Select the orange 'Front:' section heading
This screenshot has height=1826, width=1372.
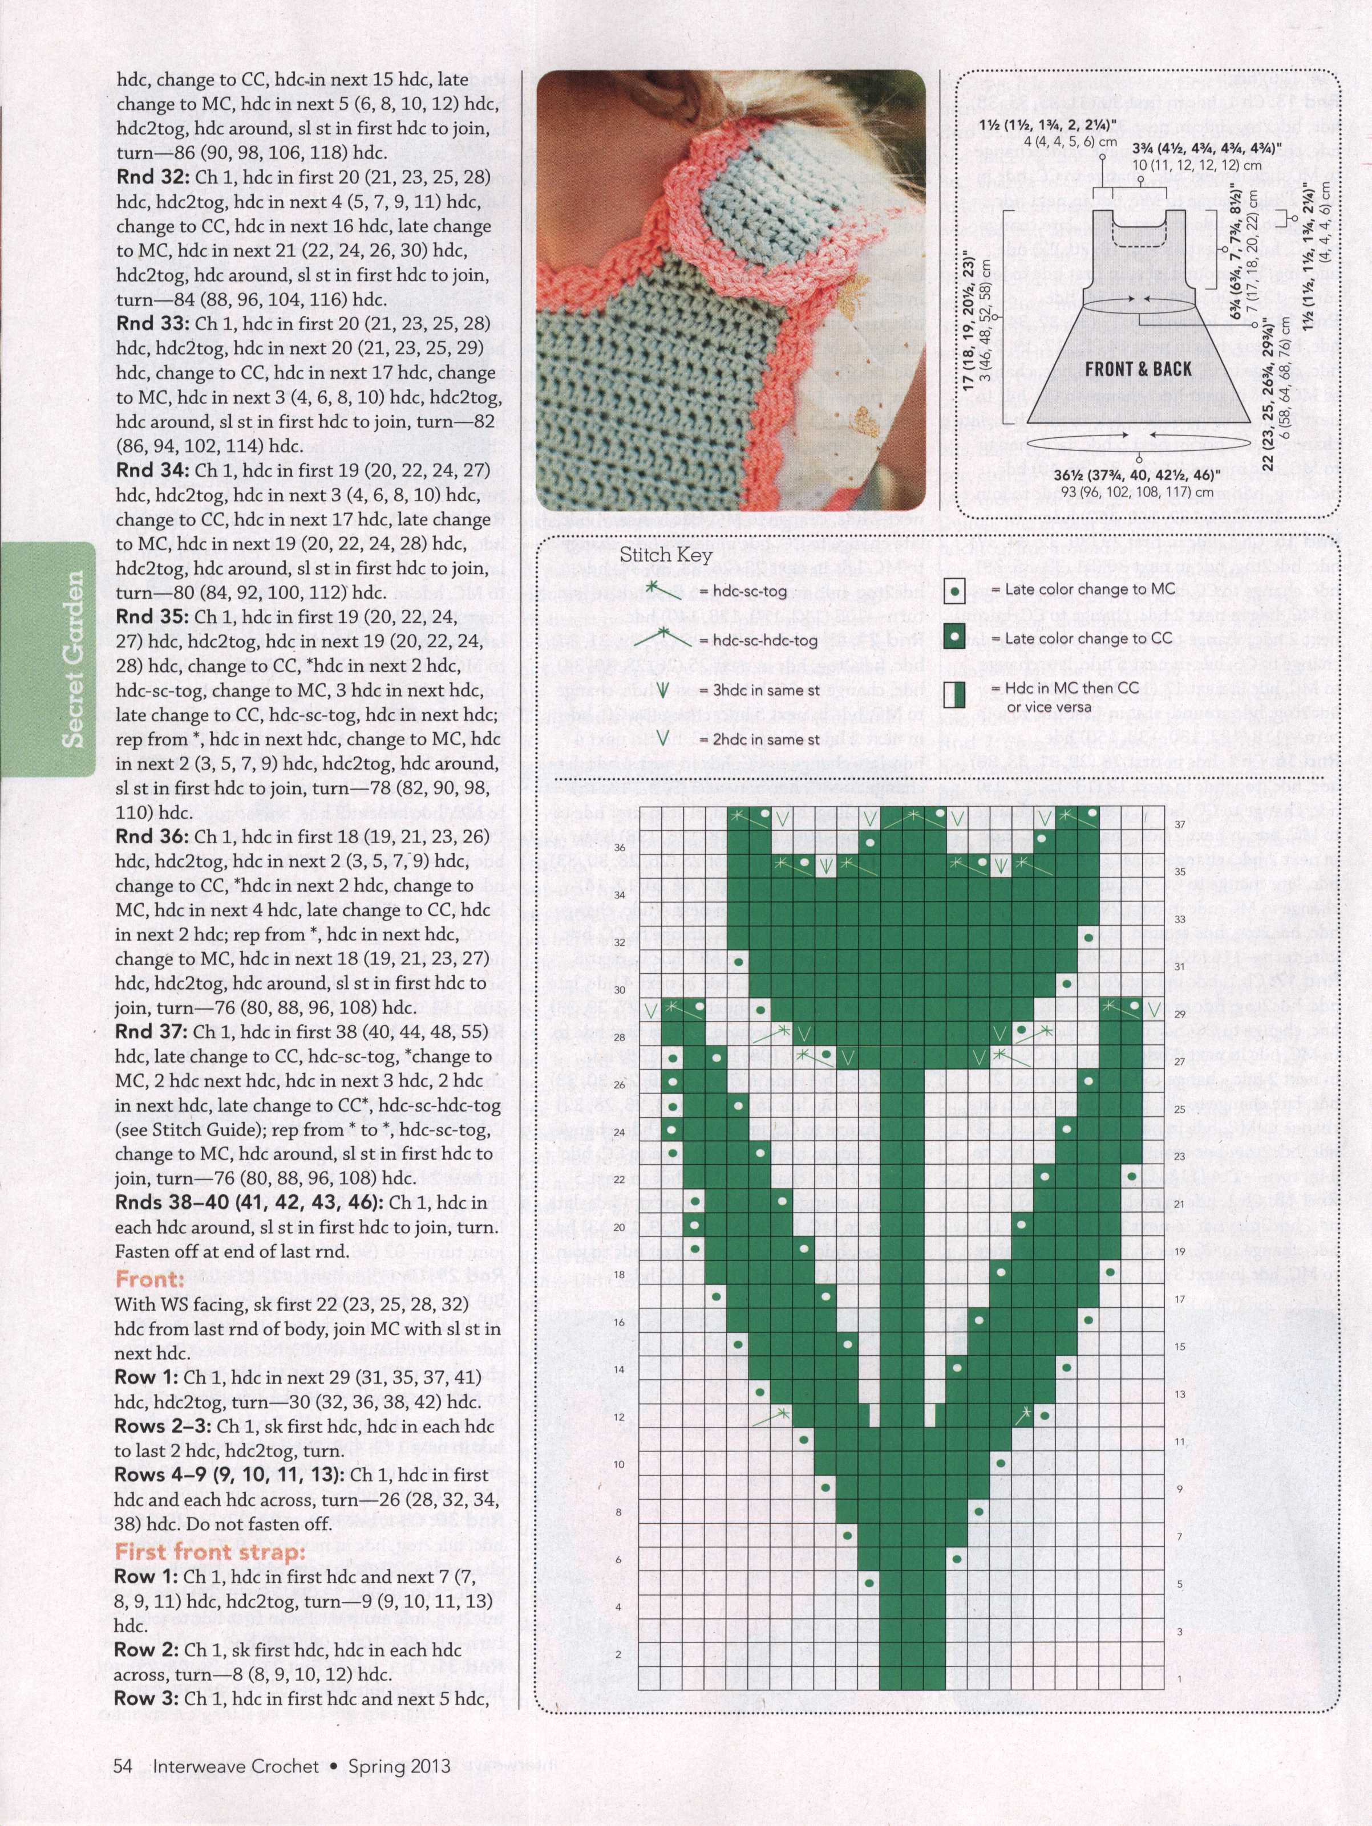pyautogui.click(x=149, y=1279)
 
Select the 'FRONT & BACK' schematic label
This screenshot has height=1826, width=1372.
pyautogui.click(x=1138, y=369)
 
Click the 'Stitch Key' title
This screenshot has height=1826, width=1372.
pyautogui.click(x=666, y=554)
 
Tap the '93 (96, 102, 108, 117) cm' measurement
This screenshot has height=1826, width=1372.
pyautogui.click(x=1139, y=493)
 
